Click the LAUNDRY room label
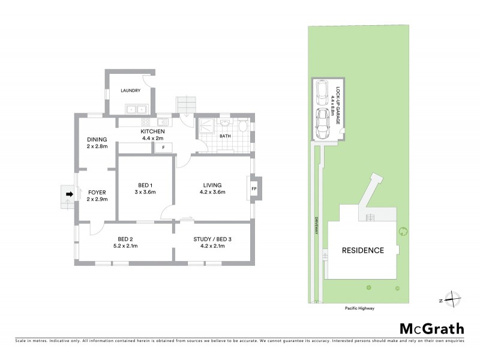130,91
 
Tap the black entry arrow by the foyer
69,194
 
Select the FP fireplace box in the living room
254,189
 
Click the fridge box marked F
163,147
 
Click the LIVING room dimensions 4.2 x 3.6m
212,193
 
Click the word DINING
97,139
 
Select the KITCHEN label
152,131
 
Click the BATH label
225,136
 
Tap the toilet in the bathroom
242,127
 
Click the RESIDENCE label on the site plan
362,250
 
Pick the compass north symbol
454,299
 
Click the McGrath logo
432,328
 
